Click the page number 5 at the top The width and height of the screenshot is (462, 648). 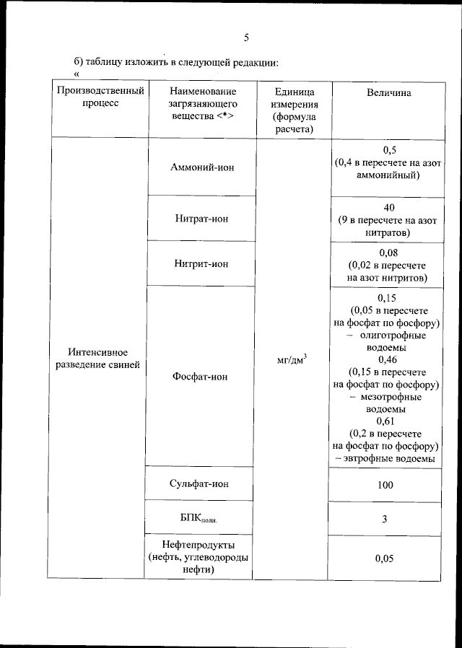click(x=245, y=38)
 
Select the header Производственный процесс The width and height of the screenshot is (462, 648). click(x=100, y=97)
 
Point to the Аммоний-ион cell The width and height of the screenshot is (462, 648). click(x=202, y=168)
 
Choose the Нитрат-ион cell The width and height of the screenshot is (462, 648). click(x=202, y=219)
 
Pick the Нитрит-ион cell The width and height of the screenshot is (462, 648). click(x=202, y=264)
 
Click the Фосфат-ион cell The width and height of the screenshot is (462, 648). click(x=201, y=377)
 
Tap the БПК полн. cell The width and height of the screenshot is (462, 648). click(x=199, y=519)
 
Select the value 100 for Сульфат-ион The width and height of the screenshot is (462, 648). click(x=385, y=485)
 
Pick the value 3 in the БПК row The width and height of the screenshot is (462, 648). click(x=385, y=519)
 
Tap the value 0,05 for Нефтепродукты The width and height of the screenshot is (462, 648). click(x=385, y=557)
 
